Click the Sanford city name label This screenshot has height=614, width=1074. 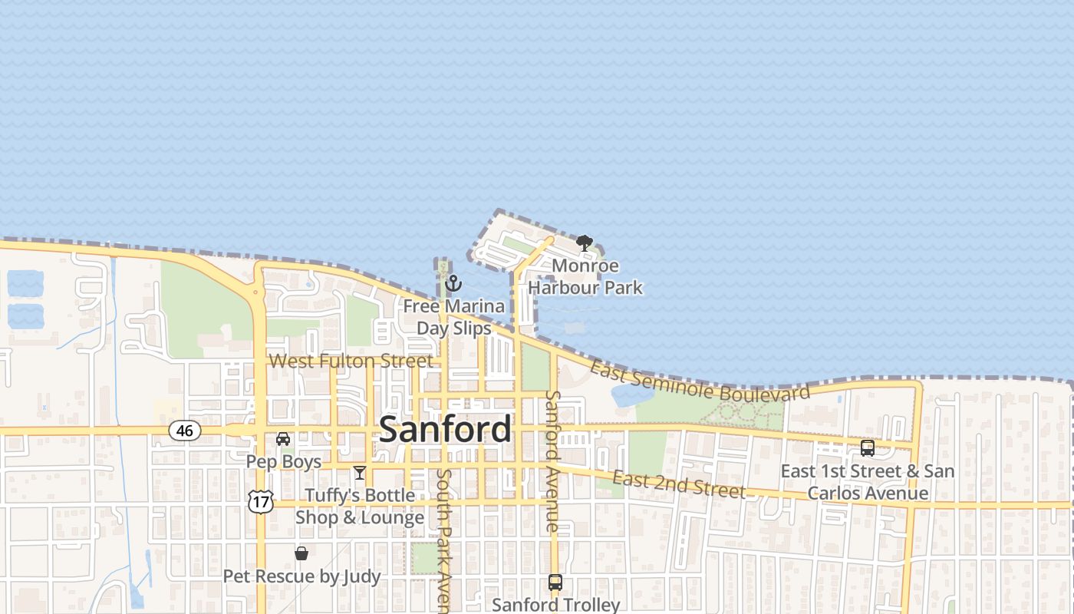pos(445,429)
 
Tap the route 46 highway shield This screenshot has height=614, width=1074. pos(185,431)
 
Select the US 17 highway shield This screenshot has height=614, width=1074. pos(261,503)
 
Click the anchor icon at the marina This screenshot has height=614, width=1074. pos(453,284)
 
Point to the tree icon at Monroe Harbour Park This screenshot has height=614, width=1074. pos(585,244)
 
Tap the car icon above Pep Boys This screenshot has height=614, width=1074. pos(283,439)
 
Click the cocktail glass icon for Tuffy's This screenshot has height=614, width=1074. pos(359,473)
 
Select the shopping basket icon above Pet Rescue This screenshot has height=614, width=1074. pos(301,553)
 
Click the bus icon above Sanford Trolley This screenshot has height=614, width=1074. pos(555,583)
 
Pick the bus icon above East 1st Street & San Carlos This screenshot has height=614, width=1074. pos(868,448)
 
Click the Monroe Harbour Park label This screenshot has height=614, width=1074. pos(585,277)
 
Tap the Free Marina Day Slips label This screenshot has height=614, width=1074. pos(454,317)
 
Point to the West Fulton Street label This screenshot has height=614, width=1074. pos(351,361)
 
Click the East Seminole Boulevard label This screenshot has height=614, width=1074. pos(700,381)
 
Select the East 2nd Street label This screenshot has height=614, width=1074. pos(679,484)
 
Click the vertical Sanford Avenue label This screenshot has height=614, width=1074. pos(552,460)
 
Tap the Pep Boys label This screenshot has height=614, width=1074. pos(284,462)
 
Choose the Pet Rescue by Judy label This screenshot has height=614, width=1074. pos(301,576)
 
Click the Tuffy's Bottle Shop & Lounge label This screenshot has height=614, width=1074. pos(360,507)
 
